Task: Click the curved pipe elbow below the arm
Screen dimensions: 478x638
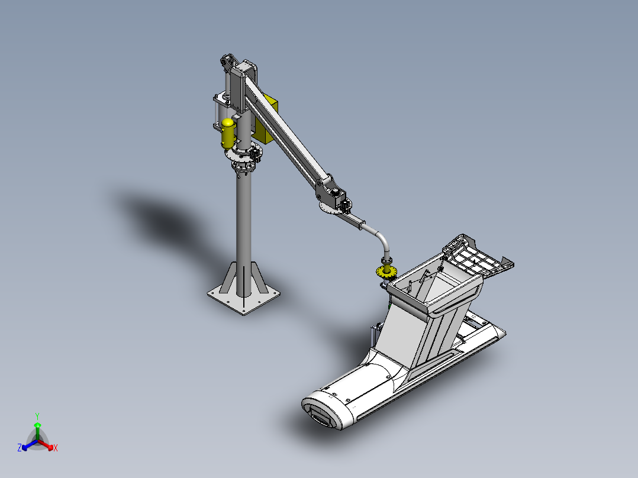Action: [381, 237]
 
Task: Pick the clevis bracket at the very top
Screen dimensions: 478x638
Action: [227, 61]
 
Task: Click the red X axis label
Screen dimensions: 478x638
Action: [56, 448]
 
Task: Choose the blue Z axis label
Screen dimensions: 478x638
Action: [20, 448]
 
